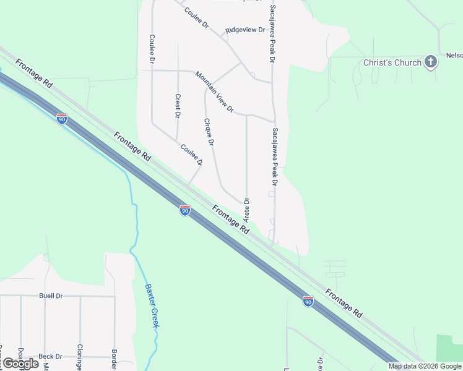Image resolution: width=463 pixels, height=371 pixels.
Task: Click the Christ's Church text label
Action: [x=392, y=62]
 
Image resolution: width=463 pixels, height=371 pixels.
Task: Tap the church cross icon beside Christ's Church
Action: [x=431, y=62]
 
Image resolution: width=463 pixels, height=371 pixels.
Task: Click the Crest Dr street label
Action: [x=178, y=106]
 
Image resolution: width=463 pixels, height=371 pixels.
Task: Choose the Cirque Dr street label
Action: [x=209, y=131]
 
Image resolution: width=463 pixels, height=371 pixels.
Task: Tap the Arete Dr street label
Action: [x=246, y=210]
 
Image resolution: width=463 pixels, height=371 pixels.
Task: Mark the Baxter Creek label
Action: [x=152, y=305]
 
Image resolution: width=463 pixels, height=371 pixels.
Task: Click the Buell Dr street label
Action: [x=51, y=296]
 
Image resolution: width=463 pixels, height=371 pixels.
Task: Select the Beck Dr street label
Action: [x=50, y=356]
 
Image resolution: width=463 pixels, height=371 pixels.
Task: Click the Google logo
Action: [x=21, y=364]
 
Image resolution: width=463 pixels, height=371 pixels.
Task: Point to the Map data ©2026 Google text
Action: [x=425, y=366]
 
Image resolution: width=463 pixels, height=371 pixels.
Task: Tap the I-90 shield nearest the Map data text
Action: [x=308, y=301]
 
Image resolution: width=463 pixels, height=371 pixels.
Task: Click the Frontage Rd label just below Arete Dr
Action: [x=230, y=219]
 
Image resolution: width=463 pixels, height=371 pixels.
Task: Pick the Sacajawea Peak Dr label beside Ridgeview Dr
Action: [x=271, y=35]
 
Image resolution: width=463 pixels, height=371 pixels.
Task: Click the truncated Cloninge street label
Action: [x=80, y=357]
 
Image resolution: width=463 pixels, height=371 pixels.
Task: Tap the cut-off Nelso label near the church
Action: [x=454, y=56]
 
